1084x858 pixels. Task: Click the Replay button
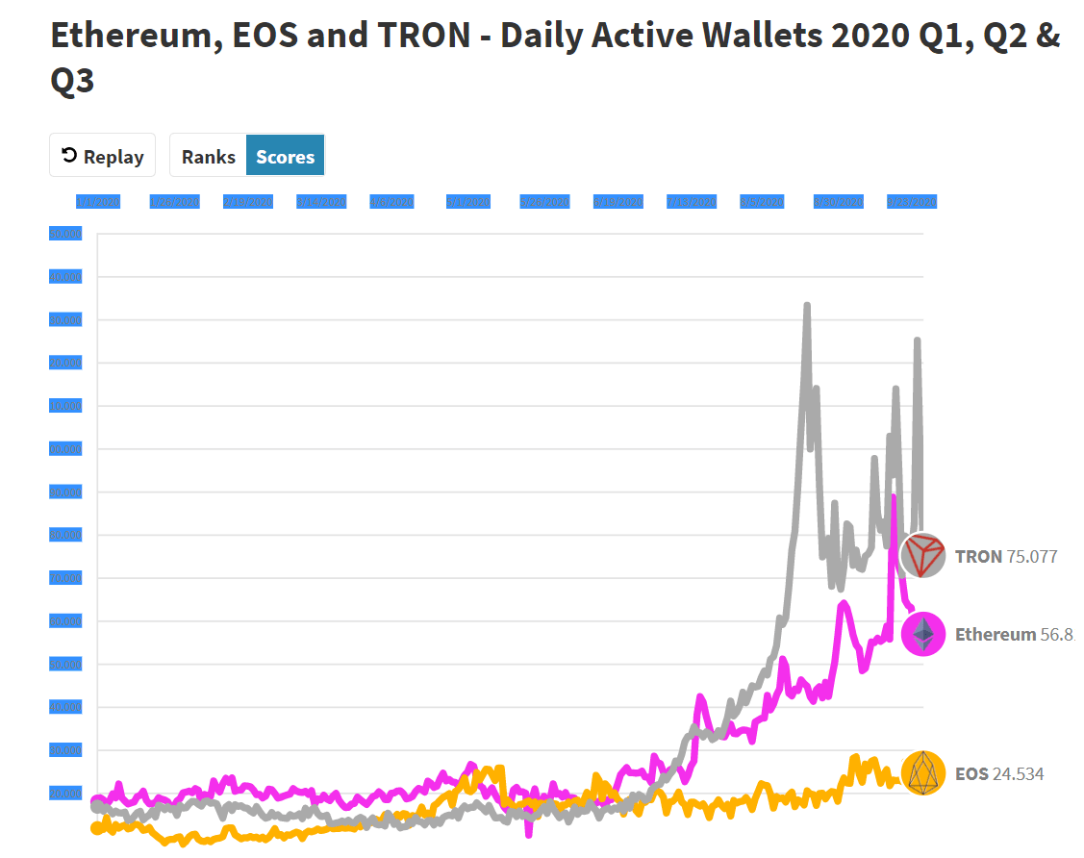point(102,156)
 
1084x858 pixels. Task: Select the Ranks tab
point(208,156)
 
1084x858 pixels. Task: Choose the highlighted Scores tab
point(285,156)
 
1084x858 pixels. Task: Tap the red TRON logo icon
point(922,555)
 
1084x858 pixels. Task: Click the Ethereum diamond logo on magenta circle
point(922,634)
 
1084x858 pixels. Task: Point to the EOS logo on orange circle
point(922,773)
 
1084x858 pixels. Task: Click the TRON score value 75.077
point(1032,556)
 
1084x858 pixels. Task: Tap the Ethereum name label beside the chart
point(996,634)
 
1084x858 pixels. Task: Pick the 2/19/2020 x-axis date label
point(248,202)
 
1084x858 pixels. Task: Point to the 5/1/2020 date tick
point(468,202)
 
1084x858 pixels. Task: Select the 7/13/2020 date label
point(692,202)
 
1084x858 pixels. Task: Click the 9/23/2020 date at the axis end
point(912,202)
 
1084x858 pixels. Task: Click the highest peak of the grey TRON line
point(807,306)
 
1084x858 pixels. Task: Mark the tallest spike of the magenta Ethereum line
point(894,497)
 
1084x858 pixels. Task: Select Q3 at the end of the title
point(72,81)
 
